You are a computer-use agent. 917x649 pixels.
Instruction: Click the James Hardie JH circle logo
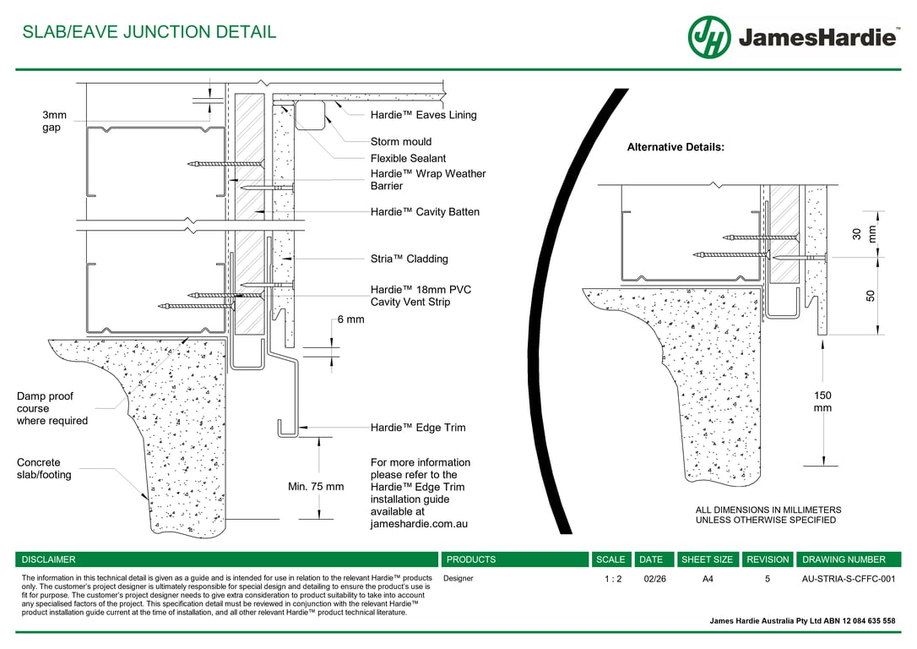[x=709, y=37]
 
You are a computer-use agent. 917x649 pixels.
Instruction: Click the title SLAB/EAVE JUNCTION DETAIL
[x=149, y=32]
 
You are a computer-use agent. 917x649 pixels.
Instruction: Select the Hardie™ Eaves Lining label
[x=423, y=115]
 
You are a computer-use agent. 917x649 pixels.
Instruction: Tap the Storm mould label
[x=400, y=141]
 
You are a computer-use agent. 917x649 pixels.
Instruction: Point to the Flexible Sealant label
[x=408, y=158]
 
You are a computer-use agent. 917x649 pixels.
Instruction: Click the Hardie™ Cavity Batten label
[x=425, y=212]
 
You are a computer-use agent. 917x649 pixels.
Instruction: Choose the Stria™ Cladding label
[x=409, y=259]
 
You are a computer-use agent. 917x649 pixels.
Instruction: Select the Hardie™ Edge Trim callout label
[x=417, y=428]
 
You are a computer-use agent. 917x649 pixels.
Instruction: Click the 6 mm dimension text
[x=350, y=319]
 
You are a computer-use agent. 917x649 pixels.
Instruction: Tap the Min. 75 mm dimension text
[x=316, y=487]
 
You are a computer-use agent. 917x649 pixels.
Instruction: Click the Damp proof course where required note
[x=52, y=408]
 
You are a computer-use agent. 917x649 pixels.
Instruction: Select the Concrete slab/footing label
[x=44, y=468]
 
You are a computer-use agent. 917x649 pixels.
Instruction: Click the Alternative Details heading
[x=676, y=147]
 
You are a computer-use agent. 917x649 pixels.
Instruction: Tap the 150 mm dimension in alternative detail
[x=822, y=401]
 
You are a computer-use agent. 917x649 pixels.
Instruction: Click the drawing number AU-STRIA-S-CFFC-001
[x=848, y=579]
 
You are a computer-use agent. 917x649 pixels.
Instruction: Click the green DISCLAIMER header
[x=48, y=559]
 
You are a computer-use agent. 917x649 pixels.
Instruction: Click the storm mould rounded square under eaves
[x=311, y=115]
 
